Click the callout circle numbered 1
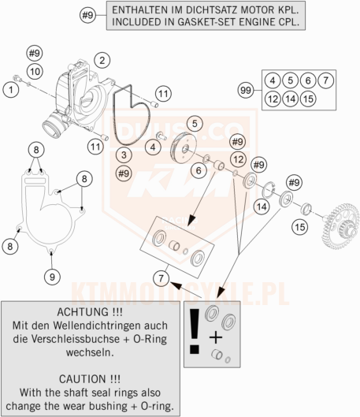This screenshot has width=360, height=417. pyautogui.click(x=11, y=90)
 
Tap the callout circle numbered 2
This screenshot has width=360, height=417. pyautogui.click(x=102, y=61)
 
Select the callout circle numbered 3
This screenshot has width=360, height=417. pyautogui.click(x=124, y=155)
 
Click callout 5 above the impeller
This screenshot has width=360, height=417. pyautogui.click(x=195, y=124)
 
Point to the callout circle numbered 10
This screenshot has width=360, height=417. pyautogui.click(x=35, y=71)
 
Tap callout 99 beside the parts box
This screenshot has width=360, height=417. pyautogui.click(x=246, y=90)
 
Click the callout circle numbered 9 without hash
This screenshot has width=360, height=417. pyautogui.click(x=52, y=277)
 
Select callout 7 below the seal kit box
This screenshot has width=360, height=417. pyautogui.click(x=161, y=278)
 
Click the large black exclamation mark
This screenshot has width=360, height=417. pyautogui.click(x=195, y=331)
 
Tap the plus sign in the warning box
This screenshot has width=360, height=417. pyautogui.click(x=216, y=337)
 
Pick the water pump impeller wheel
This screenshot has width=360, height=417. pyautogui.click(x=183, y=148)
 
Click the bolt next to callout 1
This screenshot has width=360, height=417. pyautogui.click(x=17, y=78)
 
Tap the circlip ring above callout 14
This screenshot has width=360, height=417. pyautogui.click(x=269, y=190)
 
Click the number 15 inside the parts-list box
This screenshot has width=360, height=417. pyautogui.click(x=308, y=99)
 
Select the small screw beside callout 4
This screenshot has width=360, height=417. pyautogui.click(x=161, y=136)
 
